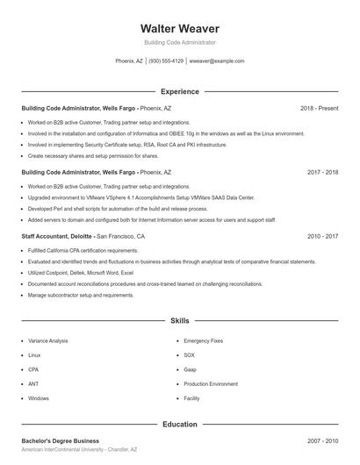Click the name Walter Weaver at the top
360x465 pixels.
tap(179, 28)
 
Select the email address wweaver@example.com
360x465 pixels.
tap(217, 61)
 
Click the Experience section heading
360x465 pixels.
tap(179, 91)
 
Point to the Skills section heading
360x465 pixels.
tap(179, 322)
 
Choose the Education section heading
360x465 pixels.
tap(179, 425)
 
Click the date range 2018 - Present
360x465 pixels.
tap(319, 108)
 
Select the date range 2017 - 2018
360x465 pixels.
tap(322, 173)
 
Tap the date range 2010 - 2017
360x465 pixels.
tap(322, 237)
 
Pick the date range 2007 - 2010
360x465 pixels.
tap(322, 440)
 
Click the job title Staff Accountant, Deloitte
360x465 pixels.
tap(56, 237)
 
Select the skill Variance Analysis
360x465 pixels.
tap(48, 340)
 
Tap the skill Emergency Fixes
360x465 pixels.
tap(203, 340)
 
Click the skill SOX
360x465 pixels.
tap(189, 354)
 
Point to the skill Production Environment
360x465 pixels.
tap(211, 383)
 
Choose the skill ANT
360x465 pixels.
tap(33, 383)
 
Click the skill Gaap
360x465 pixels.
tap(190, 369)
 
